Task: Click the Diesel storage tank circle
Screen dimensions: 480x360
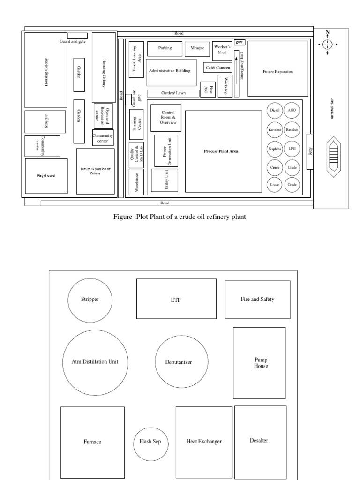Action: [275, 110]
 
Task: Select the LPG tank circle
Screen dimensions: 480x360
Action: [292, 149]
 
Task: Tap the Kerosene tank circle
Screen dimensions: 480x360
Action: [275, 129]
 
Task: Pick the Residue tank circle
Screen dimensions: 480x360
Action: [292, 129]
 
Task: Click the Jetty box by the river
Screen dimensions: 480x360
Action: [310, 151]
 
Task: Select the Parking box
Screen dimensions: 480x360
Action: [165, 48]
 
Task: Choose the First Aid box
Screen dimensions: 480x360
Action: [208, 90]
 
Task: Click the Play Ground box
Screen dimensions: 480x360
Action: [46, 176]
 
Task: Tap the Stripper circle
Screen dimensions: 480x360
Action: [90, 300]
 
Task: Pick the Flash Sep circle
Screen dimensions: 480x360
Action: [150, 442]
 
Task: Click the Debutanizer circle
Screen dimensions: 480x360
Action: [179, 362]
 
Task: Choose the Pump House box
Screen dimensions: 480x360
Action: [260, 363]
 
